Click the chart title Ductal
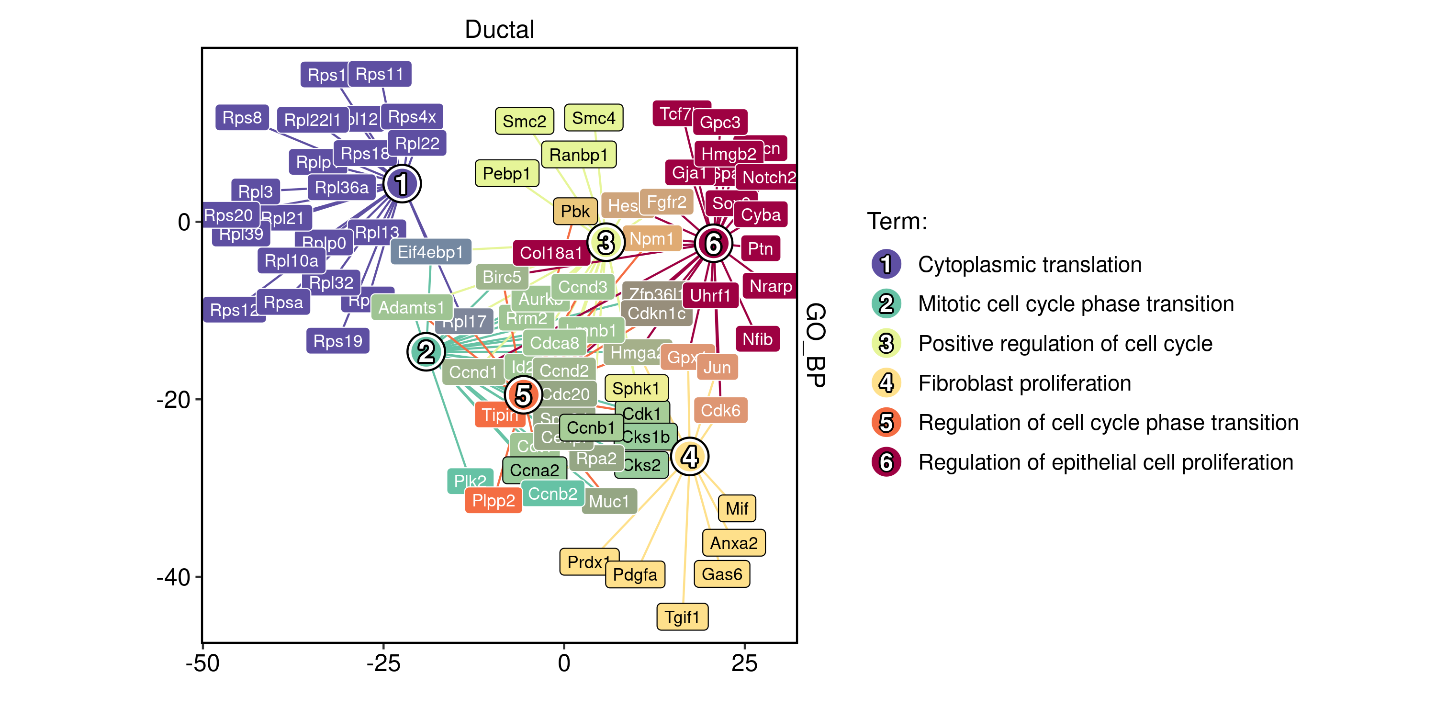pyautogui.click(x=499, y=29)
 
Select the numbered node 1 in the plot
pyautogui.click(x=402, y=184)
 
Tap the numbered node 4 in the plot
pyautogui.click(x=690, y=457)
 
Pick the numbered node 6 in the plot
pyautogui.click(x=713, y=244)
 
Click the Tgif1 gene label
pyautogui.click(x=682, y=617)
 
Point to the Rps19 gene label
pyautogui.click(x=338, y=341)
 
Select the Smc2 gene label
pyautogui.click(x=524, y=121)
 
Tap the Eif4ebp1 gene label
pyautogui.click(x=430, y=252)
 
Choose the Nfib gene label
pyautogui.click(x=757, y=338)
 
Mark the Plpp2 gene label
pyautogui.click(x=494, y=500)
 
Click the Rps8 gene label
pyautogui.click(x=242, y=118)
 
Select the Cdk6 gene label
pyautogui.click(x=720, y=410)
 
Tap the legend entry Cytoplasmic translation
pyautogui.click(x=1029, y=264)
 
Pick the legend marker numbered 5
pyautogui.click(x=886, y=423)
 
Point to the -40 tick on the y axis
pyautogui.click(x=173, y=577)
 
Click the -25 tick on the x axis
pyautogui.click(x=383, y=663)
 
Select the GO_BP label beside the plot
pyautogui.click(x=816, y=345)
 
